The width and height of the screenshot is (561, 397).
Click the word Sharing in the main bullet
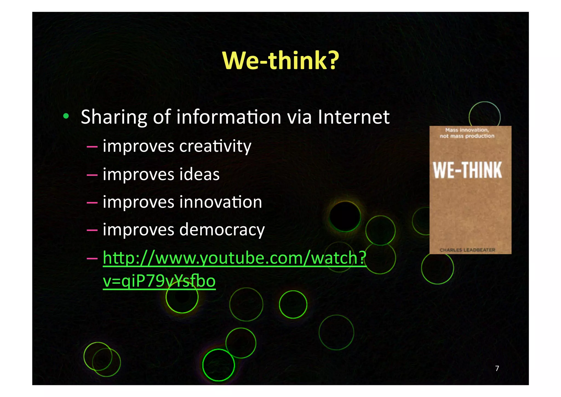coord(114,117)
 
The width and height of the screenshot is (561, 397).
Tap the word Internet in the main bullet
coord(354,117)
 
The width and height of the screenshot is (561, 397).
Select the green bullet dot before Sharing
coord(66,116)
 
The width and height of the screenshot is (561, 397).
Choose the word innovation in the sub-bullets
coord(221,202)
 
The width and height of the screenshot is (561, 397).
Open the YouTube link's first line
coord(234,258)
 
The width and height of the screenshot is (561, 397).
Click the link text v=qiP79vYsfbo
coord(159,281)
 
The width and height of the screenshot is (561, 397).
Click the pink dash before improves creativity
coord(92,147)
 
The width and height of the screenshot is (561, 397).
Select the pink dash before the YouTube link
coord(92,258)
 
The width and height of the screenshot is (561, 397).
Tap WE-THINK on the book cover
coord(467,170)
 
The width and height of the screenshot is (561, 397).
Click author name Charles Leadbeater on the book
coord(467,250)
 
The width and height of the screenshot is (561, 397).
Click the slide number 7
coord(497,368)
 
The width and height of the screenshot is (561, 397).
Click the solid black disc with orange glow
coord(345,216)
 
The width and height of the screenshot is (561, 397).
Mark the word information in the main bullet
coord(229,117)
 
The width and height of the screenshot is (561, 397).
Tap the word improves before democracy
coord(138,230)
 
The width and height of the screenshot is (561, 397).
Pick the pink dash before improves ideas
coord(92,174)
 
